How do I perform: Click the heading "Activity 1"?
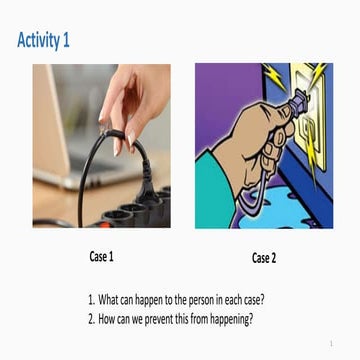pos(43,40)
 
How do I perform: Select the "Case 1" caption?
pos(101,257)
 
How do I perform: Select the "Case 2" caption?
pos(263,258)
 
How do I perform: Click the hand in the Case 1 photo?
pos(135,100)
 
